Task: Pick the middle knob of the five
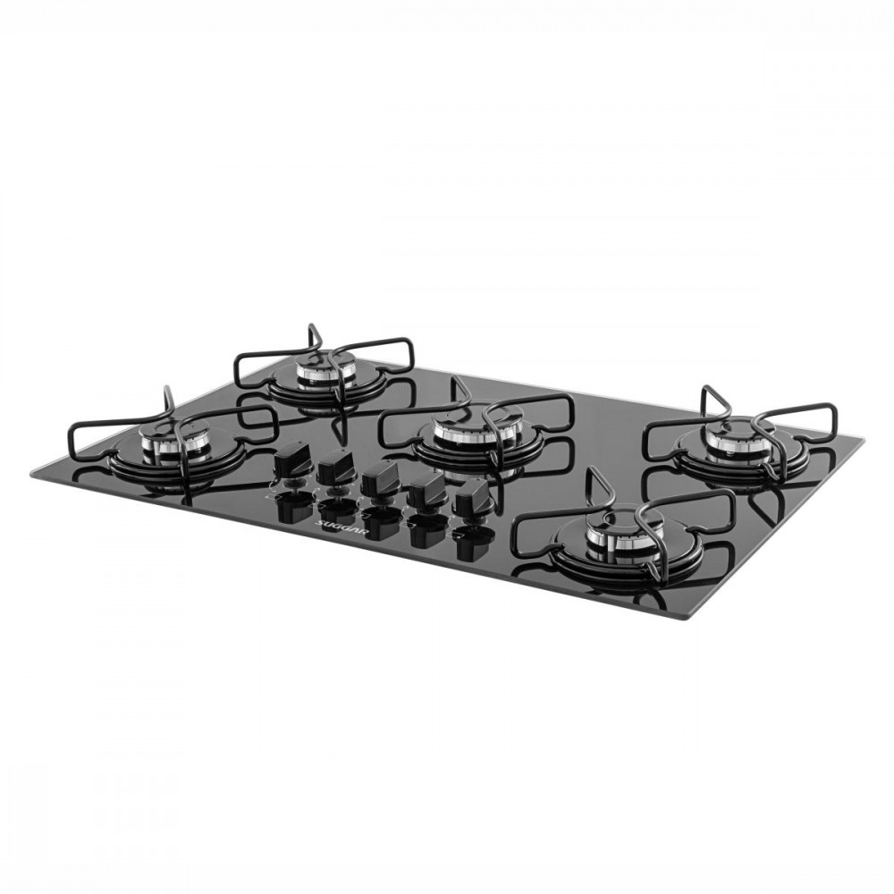coord(378,475)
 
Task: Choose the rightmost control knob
coord(471,493)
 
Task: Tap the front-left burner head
coord(169,443)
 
